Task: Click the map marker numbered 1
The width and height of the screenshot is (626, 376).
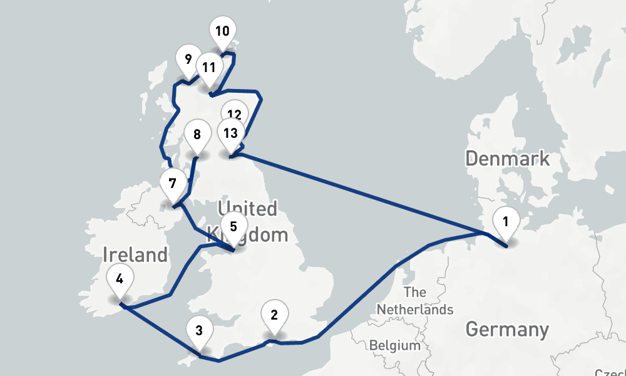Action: click(506, 221)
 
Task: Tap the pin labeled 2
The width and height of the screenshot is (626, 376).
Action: click(274, 315)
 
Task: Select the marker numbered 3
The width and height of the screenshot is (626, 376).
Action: click(198, 330)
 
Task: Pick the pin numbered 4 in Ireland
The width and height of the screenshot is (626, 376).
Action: click(120, 278)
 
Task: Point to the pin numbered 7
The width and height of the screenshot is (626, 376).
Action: click(172, 184)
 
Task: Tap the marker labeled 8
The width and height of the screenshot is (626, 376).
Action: click(197, 134)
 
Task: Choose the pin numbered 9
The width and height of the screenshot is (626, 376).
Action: click(188, 60)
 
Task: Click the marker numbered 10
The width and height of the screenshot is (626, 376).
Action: click(222, 31)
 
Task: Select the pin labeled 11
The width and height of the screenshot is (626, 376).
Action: click(209, 66)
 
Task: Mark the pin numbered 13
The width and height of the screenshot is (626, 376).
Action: click(230, 133)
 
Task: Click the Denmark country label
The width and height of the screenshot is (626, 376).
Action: click(507, 158)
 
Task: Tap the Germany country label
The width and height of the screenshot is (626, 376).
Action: click(507, 329)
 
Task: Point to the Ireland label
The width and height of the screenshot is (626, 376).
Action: click(135, 255)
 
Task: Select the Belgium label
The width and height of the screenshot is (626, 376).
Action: click(394, 345)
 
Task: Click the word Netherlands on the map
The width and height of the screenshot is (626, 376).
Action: click(415, 310)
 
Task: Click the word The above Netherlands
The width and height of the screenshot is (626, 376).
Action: click(415, 292)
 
